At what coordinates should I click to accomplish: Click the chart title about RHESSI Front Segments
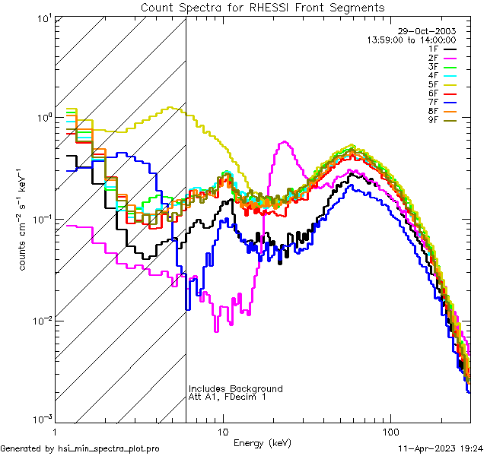[263, 7]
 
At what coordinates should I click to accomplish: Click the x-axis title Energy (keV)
[261, 442]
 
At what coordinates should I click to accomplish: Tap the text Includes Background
[235, 388]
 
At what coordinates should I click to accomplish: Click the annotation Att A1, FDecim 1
[227, 397]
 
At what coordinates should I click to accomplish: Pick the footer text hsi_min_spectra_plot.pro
[109, 448]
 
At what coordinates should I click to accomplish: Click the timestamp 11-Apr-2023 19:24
[438, 448]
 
